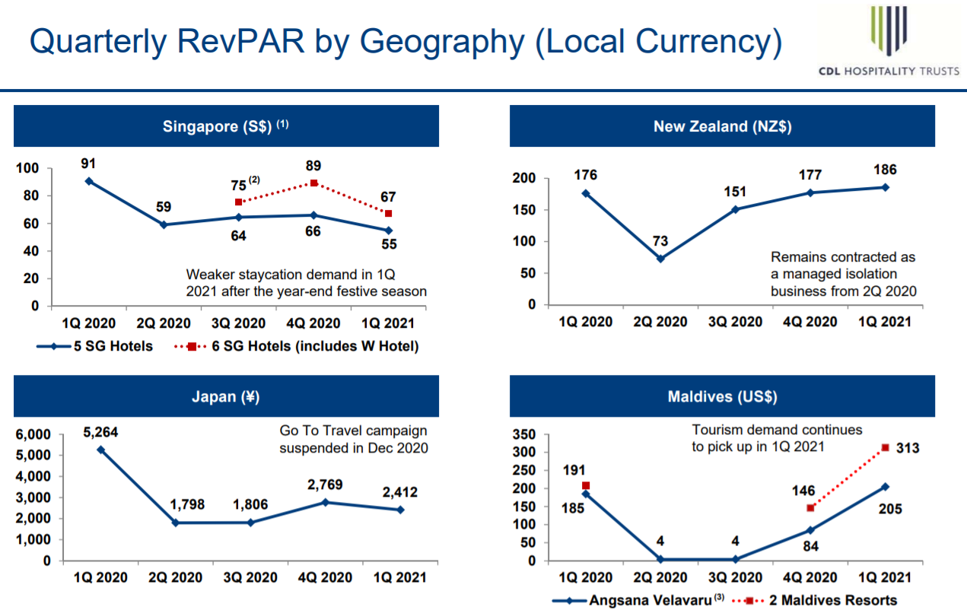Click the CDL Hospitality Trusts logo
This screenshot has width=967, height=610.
[x=889, y=42]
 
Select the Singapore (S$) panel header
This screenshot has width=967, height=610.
[x=226, y=126]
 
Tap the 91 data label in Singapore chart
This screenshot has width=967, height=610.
[x=89, y=163]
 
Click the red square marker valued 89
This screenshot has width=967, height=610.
[x=314, y=183]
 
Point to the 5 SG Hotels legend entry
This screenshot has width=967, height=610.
[x=95, y=346]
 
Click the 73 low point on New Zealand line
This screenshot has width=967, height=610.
[x=660, y=259]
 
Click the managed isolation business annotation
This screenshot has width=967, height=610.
[x=843, y=274]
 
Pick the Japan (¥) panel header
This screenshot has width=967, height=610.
[x=226, y=396]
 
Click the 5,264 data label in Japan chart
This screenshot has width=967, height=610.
[x=100, y=432]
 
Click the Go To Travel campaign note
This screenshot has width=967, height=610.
[x=354, y=440]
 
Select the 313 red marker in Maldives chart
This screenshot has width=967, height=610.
[x=885, y=448]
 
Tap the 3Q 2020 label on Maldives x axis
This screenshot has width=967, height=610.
[x=735, y=578]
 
